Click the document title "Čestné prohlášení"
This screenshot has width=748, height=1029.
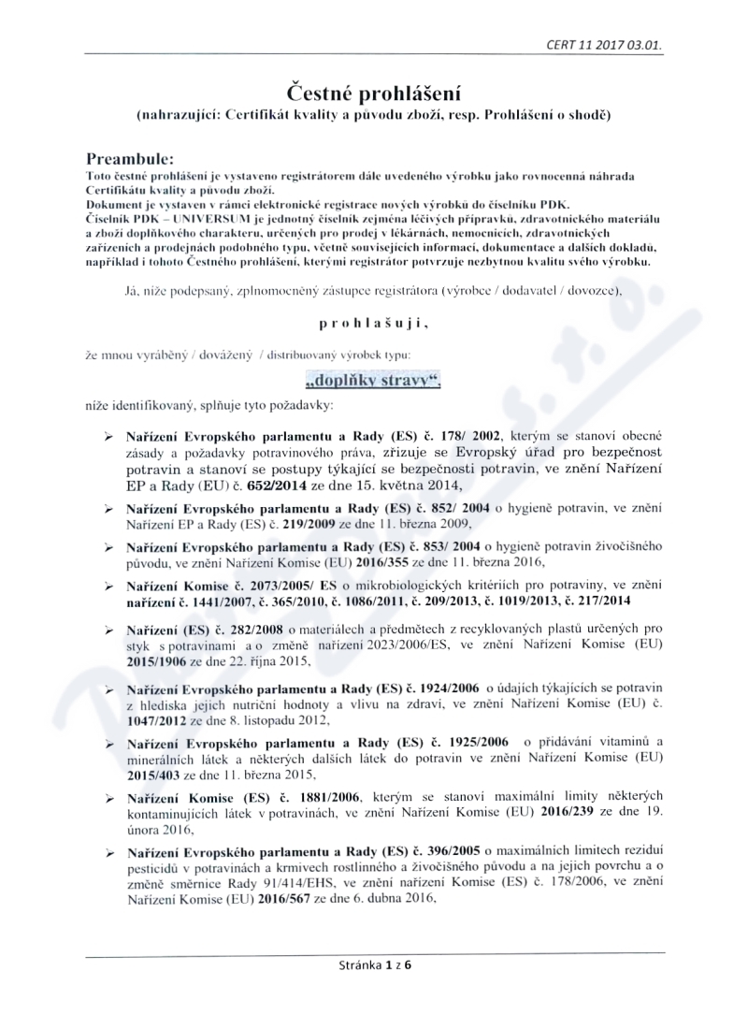374,93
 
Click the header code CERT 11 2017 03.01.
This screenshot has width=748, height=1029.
612,44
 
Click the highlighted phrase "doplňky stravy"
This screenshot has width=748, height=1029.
373,381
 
